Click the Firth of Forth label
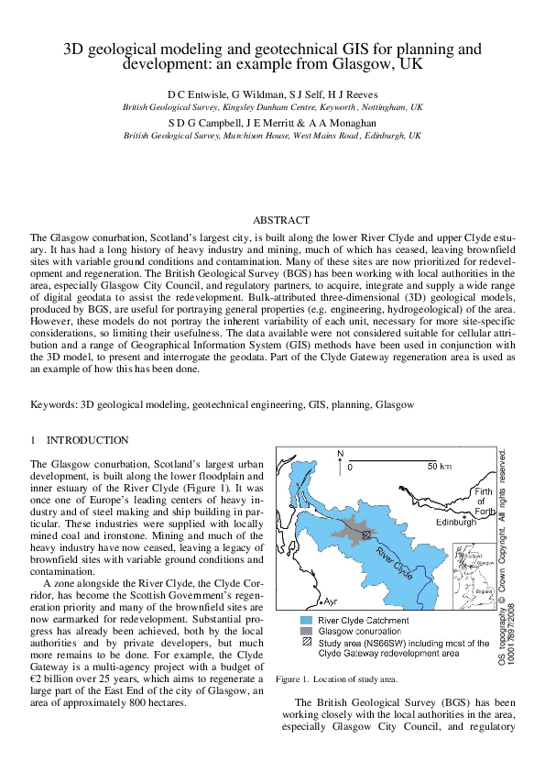pos(483,501)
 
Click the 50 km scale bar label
pos(440,467)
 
